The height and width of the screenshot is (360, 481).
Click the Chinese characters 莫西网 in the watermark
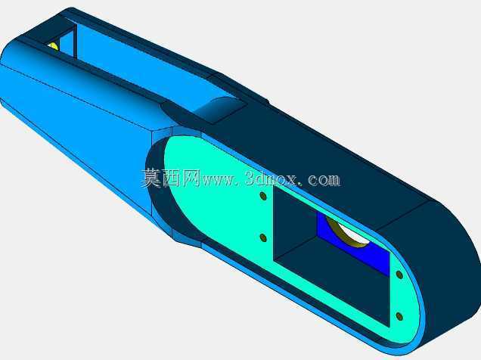(170, 178)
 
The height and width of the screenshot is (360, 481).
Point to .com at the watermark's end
(321, 180)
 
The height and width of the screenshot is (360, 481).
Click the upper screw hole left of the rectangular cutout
(263, 196)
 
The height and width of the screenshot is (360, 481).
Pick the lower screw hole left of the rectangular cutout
(263, 237)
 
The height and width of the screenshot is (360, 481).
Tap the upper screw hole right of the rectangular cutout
(399, 275)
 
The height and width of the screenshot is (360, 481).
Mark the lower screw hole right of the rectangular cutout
(399, 316)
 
